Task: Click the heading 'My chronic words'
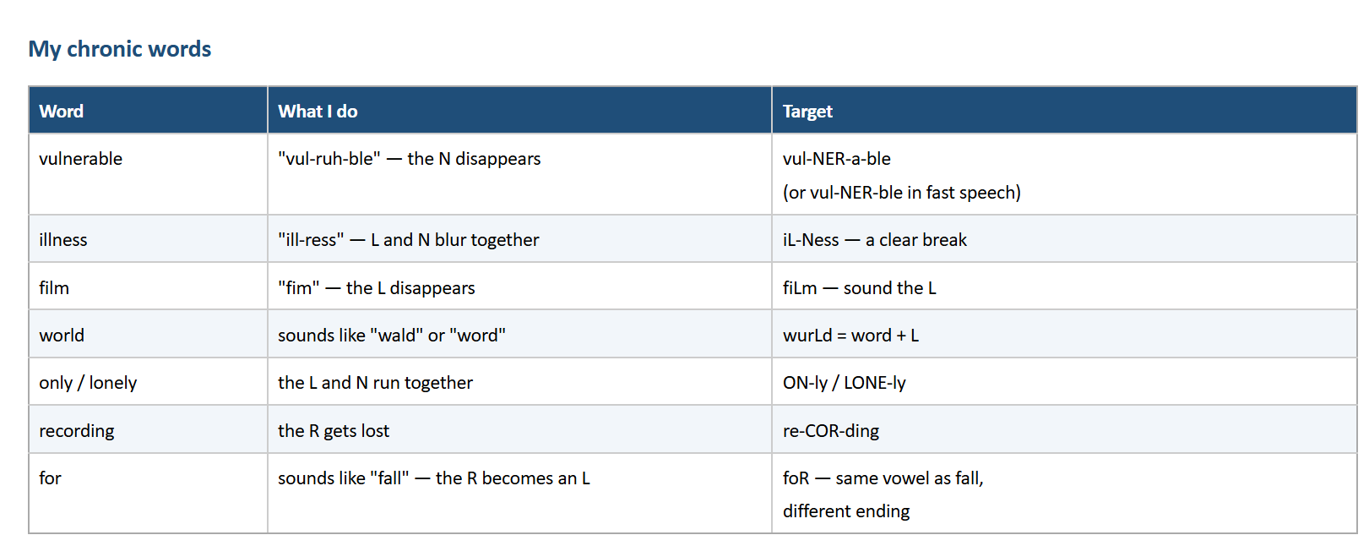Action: (120, 49)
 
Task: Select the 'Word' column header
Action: (61, 112)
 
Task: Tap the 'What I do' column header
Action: (318, 112)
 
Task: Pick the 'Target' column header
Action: (807, 112)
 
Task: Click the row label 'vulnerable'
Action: (81, 159)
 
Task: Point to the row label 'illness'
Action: (63, 240)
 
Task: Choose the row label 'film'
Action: (54, 287)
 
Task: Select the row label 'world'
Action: (62, 335)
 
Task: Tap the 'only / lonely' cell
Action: (88, 383)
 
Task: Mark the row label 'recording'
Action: (76, 431)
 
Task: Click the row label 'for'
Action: (50, 478)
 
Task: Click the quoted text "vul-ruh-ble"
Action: (329, 159)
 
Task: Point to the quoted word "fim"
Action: (299, 287)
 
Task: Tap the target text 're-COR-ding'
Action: (830, 431)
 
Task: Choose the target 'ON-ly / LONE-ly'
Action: (844, 383)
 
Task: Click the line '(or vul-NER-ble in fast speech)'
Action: (901, 193)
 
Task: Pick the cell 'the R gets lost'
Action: (333, 431)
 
